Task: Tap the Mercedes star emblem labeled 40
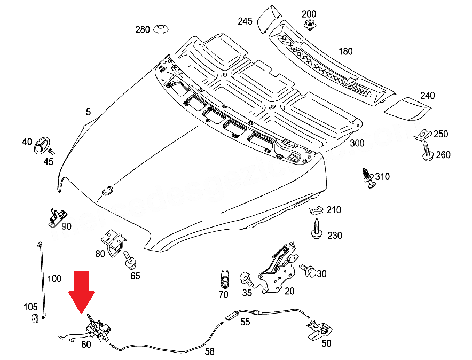point(42,146)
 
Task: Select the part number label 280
point(143,29)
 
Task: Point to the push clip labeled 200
point(309,24)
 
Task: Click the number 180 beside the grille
point(345,51)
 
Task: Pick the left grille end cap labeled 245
point(266,20)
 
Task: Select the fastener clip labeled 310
point(368,178)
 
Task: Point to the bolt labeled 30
point(307,270)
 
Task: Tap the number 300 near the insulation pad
point(357,144)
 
